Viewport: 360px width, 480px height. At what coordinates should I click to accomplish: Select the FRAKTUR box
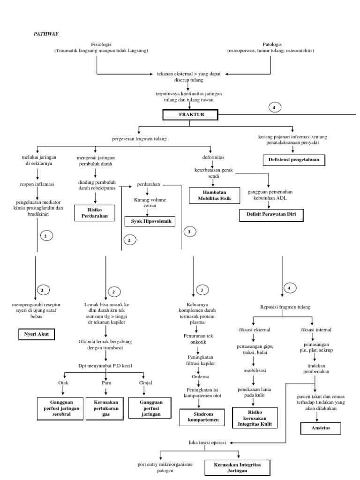[x=191, y=114]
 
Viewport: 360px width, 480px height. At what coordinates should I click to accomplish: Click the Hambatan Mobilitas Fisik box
[x=214, y=195]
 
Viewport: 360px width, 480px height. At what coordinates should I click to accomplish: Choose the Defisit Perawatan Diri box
[x=271, y=215]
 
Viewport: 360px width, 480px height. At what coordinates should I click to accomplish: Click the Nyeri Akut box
[x=37, y=335]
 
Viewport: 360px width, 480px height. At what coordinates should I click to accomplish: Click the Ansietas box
[x=321, y=428]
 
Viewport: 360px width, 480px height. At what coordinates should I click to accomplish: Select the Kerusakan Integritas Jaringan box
[x=239, y=467]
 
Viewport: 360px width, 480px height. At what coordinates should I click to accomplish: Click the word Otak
[x=63, y=382]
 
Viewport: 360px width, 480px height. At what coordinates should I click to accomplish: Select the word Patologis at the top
[x=270, y=44]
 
